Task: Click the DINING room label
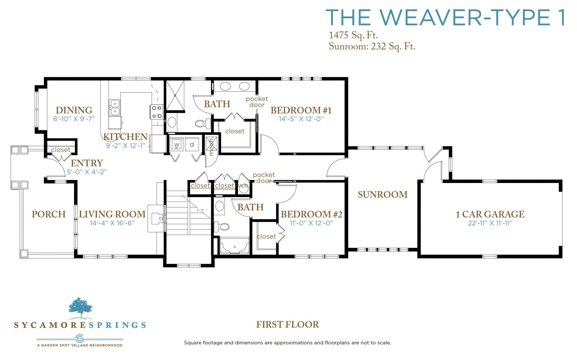tap(74, 110)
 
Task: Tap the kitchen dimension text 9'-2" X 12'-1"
tap(125, 145)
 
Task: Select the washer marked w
tap(177, 145)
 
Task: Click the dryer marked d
tap(192, 144)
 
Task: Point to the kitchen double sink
tap(114, 108)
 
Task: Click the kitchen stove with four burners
tap(157, 112)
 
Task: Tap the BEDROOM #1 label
tap(301, 110)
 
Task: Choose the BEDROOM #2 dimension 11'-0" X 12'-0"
tap(311, 223)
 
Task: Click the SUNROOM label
tap(383, 194)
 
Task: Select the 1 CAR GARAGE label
tap(490, 214)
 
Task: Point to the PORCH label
tap(49, 214)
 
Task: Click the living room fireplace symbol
tap(157, 218)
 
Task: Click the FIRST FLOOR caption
tap(288, 325)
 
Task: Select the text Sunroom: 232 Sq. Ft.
tap(372, 46)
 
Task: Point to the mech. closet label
tap(212, 146)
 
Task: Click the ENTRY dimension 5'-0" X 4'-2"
tap(87, 172)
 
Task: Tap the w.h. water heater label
tap(243, 186)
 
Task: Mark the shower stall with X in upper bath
tap(175, 96)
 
